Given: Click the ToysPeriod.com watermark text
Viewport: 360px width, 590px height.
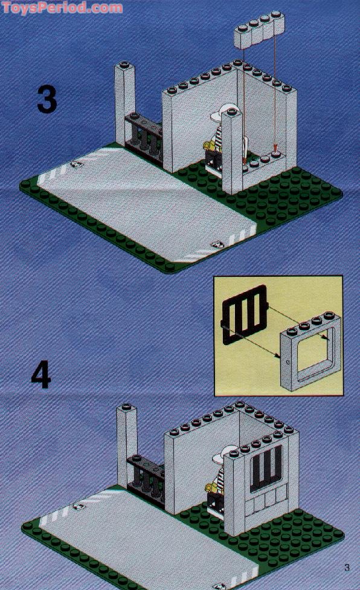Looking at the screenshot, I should click(x=62, y=8).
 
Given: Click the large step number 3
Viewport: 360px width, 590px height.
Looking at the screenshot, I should click(x=47, y=99).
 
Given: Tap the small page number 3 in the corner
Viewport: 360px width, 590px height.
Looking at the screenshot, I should click(x=347, y=566).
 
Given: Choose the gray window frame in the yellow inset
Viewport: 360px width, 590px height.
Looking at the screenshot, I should click(x=310, y=351).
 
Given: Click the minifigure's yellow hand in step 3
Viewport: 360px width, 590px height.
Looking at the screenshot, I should click(x=206, y=145).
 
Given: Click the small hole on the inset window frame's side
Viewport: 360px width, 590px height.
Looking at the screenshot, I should click(x=287, y=361).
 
